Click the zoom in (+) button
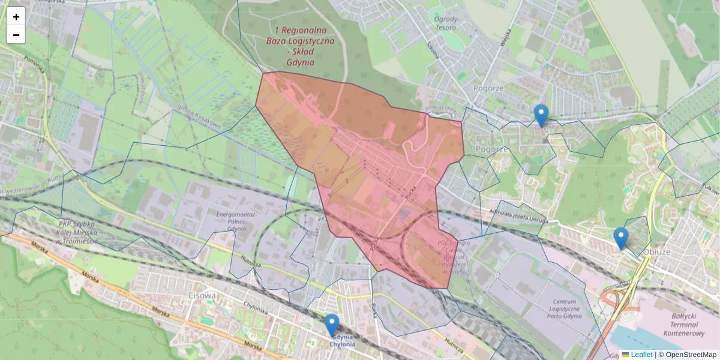(x=16, y=17)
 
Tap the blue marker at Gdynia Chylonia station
(x=332, y=325)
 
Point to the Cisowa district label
(x=202, y=295)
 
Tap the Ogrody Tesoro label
(x=446, y=23)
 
